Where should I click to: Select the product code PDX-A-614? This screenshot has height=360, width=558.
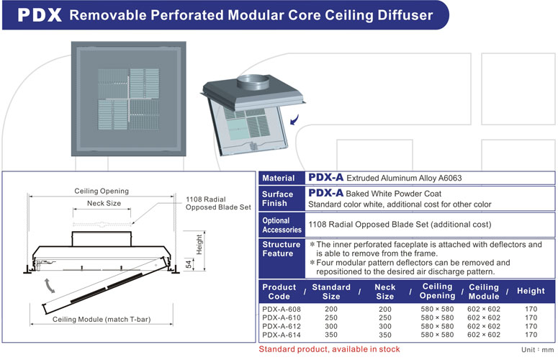pos(282,334)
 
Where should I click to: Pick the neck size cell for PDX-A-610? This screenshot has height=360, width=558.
pos(385,317)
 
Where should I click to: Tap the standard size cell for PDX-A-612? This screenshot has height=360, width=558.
pos(331,325)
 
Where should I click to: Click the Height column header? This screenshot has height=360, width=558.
pos(531,291)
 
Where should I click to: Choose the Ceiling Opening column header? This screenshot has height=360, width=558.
pos(437,291)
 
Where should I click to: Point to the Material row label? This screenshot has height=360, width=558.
pos(279,178)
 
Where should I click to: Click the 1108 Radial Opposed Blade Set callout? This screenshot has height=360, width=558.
pos(218,203)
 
